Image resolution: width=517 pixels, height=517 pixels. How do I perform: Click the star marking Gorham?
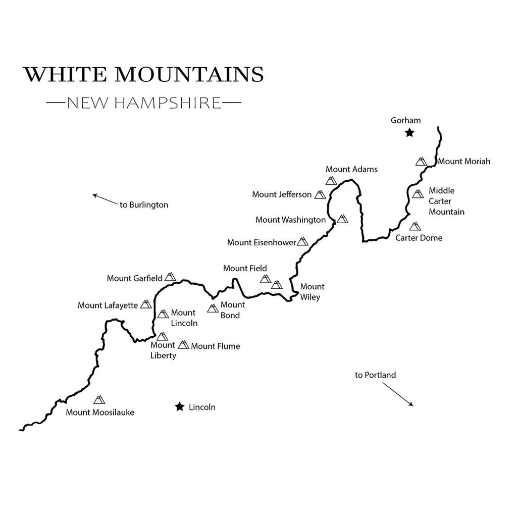click(x=409, y=133)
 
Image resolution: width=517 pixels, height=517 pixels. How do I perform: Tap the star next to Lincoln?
click(x=179, y=407)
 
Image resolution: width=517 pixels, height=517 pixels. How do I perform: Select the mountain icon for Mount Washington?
click(x=343, y=219)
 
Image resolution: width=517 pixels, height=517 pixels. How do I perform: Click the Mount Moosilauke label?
click(x=100, y=412)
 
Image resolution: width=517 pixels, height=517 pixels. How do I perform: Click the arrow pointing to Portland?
click(x=397, y=394)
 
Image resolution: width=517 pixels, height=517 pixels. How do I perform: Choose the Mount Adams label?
click(x=351, y=169)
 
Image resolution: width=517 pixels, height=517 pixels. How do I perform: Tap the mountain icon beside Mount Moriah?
click(x=421, y=161)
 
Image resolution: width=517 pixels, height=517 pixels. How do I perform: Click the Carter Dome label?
click(x=419, y=238)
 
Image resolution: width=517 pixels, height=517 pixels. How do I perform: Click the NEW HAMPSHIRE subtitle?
click(x=144, y=103)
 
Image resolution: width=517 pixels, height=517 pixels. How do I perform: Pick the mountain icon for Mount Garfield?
click(x=170, y=277)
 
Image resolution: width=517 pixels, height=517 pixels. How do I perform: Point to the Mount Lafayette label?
click(x=108, y=305)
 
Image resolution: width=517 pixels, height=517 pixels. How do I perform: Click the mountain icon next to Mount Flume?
click(x=183, y=345)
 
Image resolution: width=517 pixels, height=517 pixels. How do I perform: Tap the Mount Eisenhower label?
click(x=261, y=242)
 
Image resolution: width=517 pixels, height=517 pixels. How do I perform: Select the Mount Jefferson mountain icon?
click(x=320, y=194)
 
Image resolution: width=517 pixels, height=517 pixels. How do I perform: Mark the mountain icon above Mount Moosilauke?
click(x=98, y=399)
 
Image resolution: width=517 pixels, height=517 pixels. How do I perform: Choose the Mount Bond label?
click(x=232, y=310)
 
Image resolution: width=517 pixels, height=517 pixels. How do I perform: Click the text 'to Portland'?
click(x=375, y=375)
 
